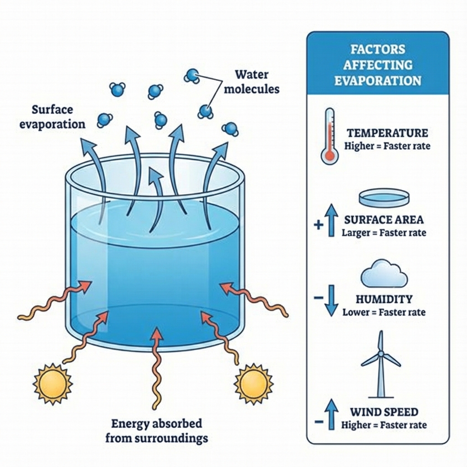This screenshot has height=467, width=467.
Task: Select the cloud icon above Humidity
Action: pos(384,274)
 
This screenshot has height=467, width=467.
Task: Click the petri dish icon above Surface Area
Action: pos(384,198)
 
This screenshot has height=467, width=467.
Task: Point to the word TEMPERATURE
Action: pos(387,133)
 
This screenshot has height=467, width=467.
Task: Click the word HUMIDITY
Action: pos(384,300)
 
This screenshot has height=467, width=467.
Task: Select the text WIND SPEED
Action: pos(384,412)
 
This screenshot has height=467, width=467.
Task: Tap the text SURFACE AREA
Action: pos(384,219)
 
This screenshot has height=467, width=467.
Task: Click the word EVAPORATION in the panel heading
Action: pos(377,81)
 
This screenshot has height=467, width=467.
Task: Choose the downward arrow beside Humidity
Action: pos(332,301)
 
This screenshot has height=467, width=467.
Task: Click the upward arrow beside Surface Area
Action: pos(332,220)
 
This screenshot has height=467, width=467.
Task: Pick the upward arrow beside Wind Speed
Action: pos(332,414)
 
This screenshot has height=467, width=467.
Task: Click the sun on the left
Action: pos(53,383)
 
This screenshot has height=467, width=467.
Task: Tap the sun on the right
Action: pos(253,383)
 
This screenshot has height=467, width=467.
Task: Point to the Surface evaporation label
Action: pos(52,117)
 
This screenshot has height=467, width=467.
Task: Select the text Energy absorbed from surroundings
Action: pos(156,431)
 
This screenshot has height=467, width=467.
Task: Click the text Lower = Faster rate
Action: pos(384,312)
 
